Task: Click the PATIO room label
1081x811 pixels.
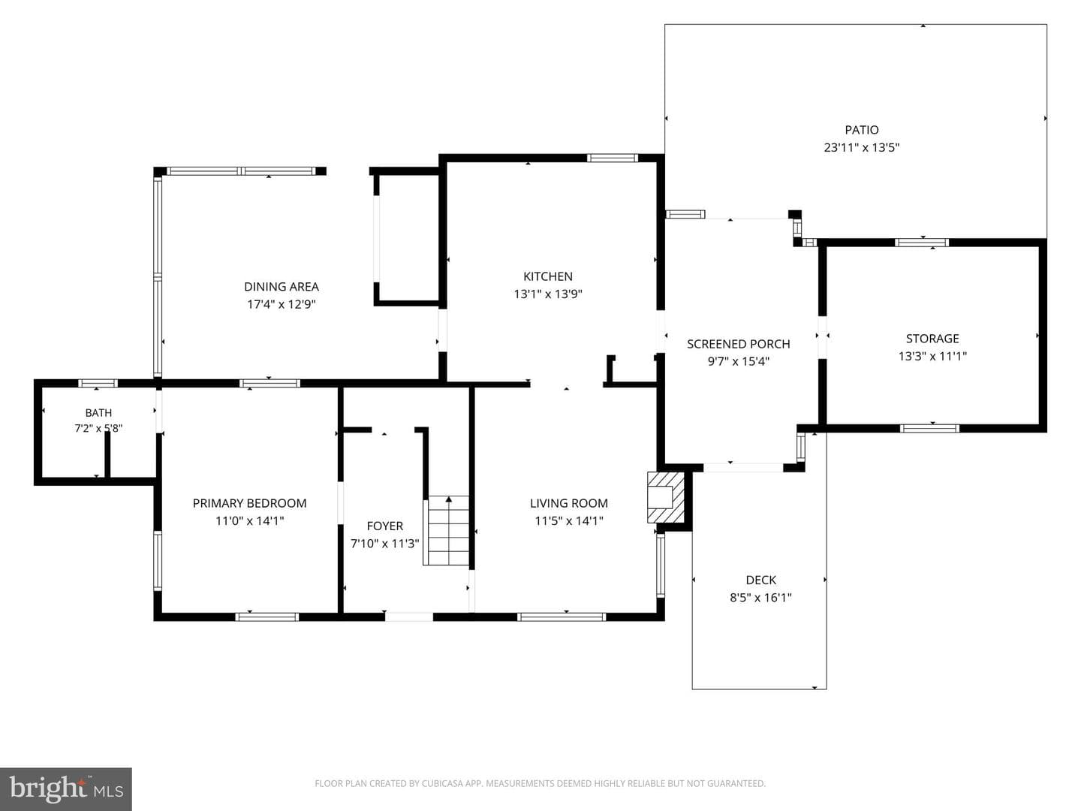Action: (861, 130)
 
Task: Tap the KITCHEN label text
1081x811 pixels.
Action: (548, 276)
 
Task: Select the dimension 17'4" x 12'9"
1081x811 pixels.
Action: (282, 304)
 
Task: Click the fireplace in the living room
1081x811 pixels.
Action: (665, 497)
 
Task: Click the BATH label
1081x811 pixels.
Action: (98, 413)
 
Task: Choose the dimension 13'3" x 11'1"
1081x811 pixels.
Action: (932, 356)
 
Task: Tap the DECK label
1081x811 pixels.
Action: (761, 580)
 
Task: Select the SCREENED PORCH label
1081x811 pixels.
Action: (738, 344)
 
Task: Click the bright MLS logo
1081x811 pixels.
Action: (66, 788)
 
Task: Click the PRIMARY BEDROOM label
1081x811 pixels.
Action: (250, 503)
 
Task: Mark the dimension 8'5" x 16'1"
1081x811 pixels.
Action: (761, 598)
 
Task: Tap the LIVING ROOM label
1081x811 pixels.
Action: (569, 503)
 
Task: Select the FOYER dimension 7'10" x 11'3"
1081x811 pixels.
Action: (384, 544)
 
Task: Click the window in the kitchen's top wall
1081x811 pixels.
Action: (612, 158)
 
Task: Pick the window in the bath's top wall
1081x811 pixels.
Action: (98, 383)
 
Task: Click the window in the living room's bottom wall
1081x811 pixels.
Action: (562, 617)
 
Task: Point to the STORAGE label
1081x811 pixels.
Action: (932, 338)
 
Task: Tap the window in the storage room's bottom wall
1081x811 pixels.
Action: (930, 428)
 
